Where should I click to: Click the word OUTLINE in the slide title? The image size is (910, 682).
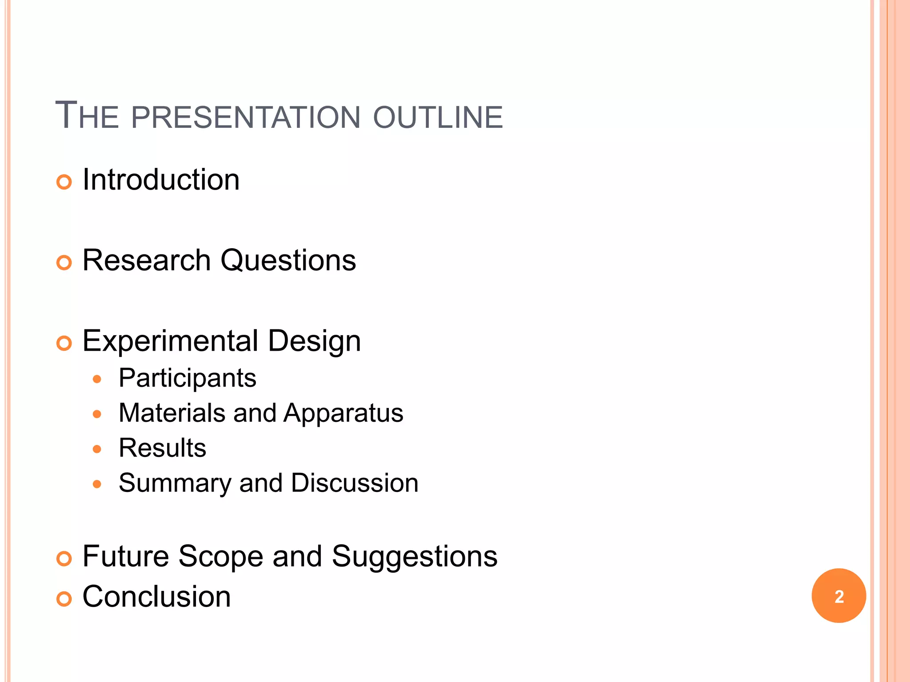[438, 117]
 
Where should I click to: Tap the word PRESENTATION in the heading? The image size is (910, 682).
[245, 117]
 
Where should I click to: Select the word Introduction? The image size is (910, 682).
[161, 180]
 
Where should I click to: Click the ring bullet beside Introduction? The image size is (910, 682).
[64, 182]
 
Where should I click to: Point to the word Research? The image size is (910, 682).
[147, 260]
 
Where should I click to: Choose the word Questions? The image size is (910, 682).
[288, 261]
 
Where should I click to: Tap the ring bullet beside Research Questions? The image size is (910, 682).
[64, 263]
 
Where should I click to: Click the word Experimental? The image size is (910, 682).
[171, 341]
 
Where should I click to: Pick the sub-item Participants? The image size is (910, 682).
[188, 379]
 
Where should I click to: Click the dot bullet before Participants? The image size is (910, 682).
[97, 380]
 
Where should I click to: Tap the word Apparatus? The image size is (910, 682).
[343, 414]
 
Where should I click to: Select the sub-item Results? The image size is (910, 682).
[162, 448]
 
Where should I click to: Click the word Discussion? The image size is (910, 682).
[355, 483]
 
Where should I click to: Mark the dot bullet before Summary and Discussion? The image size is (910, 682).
[97, 484]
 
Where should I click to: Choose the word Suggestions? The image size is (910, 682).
[415, 557]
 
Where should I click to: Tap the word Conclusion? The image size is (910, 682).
[156, 596]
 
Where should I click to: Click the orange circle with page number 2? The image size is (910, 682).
[838, 596]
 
